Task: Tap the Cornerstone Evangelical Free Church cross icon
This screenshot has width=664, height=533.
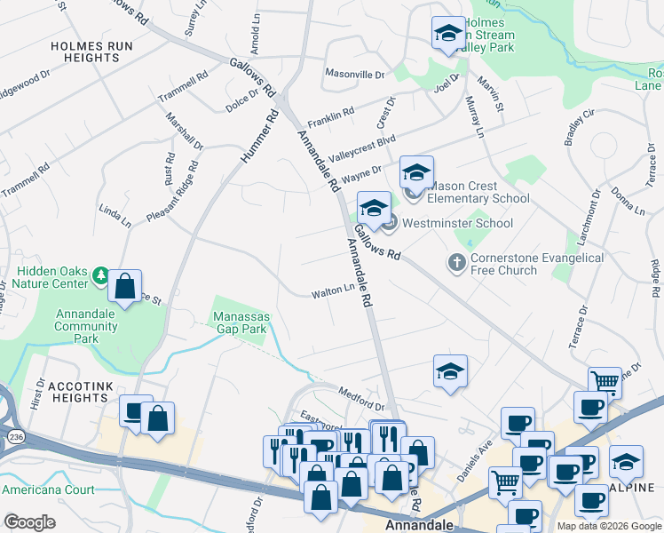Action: pos(456,262)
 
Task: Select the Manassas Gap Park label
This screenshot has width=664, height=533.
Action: pos(240,322)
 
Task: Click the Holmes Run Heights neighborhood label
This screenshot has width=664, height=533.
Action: pos(85,51)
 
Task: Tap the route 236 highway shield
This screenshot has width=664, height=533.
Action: pos(17,436)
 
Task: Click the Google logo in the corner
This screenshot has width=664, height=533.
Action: pos(29,521)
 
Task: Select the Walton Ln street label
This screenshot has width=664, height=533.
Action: pos(333,291)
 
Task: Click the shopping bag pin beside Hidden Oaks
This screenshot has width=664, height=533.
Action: pos(126,287)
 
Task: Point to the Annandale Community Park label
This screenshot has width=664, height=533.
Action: pos(86,326)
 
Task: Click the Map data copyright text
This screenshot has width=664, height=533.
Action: pos(608,526)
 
